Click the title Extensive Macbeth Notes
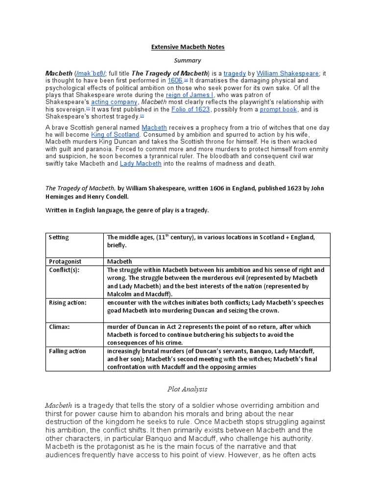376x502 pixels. [188, 47]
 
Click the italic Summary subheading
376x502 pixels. [188, 60]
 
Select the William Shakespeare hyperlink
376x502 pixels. [288, 73]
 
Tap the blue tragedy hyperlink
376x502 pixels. [235, 73]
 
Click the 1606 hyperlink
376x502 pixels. [175, 80]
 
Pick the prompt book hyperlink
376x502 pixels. [278, 110]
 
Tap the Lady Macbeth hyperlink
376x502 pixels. [141, 164]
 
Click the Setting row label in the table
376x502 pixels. [59, 238]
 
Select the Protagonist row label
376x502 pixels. [65, 262]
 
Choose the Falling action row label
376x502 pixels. [67, 351]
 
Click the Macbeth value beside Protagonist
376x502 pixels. [119, 262]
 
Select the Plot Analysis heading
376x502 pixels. [188, 389]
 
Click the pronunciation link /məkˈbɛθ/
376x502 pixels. [95, 73]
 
